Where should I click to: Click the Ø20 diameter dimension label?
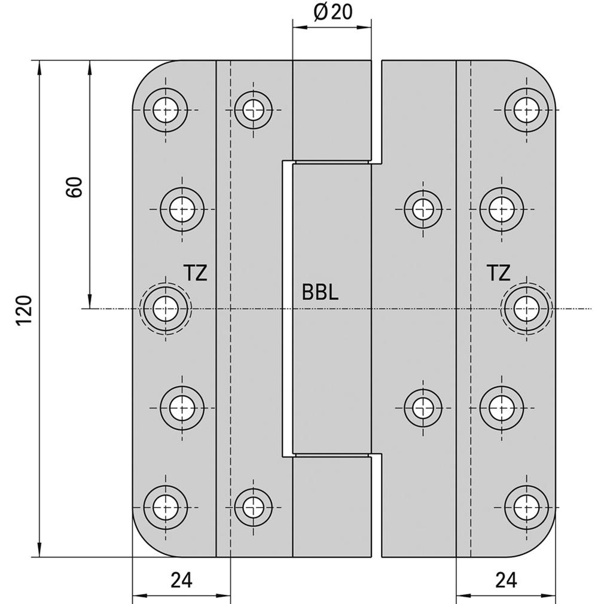click(x=333, y=12)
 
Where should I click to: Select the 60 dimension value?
click(x=74, y=187)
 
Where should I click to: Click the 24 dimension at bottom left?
click(x=181, y=579)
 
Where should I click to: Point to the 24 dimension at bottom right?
click(x=506, y=579)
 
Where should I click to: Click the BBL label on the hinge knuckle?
click(x=320, y=292)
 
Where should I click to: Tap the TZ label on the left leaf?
click(x=196, y=273)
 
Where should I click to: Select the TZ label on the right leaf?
click(x=499, y=273)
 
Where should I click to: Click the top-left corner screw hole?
click(x=166, y=110)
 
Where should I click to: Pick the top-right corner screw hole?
click(x=526, y=110)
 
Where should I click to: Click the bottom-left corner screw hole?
click(x=166, y=507)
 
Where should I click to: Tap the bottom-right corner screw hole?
click(x=526, y=507)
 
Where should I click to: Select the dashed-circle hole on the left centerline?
click(x=166, y=309)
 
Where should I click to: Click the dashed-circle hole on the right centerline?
click(x=526, y=309)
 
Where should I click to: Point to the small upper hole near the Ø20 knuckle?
click(x=254, y=110)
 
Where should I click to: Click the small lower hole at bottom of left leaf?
click(x=254, y=507)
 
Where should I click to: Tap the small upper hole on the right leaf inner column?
click(x=423, y=209)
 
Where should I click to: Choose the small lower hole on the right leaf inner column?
click(x=423, y=407)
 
